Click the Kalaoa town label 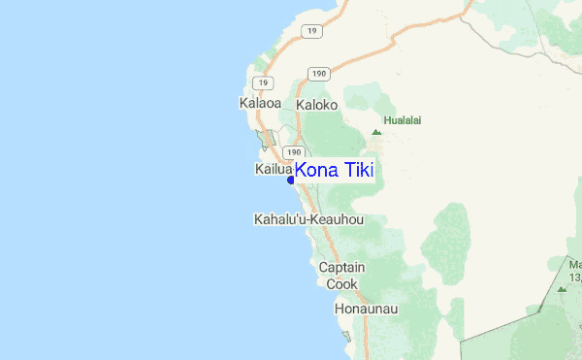click(259, 102)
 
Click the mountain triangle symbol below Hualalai click(376, 132)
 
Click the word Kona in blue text click(316, 171)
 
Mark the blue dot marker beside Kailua click(291, 180)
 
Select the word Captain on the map click(341, 267)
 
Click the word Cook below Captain click(341, 284)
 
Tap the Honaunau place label click(366, 309)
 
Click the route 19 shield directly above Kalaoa click(259, 83)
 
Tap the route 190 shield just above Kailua click(293, 152)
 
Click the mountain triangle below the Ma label click(562, 288)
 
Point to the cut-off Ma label click(574, 264)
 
